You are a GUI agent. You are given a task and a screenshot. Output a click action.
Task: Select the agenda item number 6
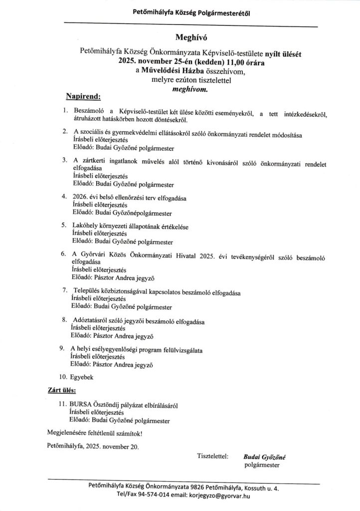tap(64, 254)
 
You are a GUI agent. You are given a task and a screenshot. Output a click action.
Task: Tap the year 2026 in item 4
tap(81, 197)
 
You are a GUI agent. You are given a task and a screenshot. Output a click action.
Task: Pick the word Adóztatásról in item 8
tap(92, 320)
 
